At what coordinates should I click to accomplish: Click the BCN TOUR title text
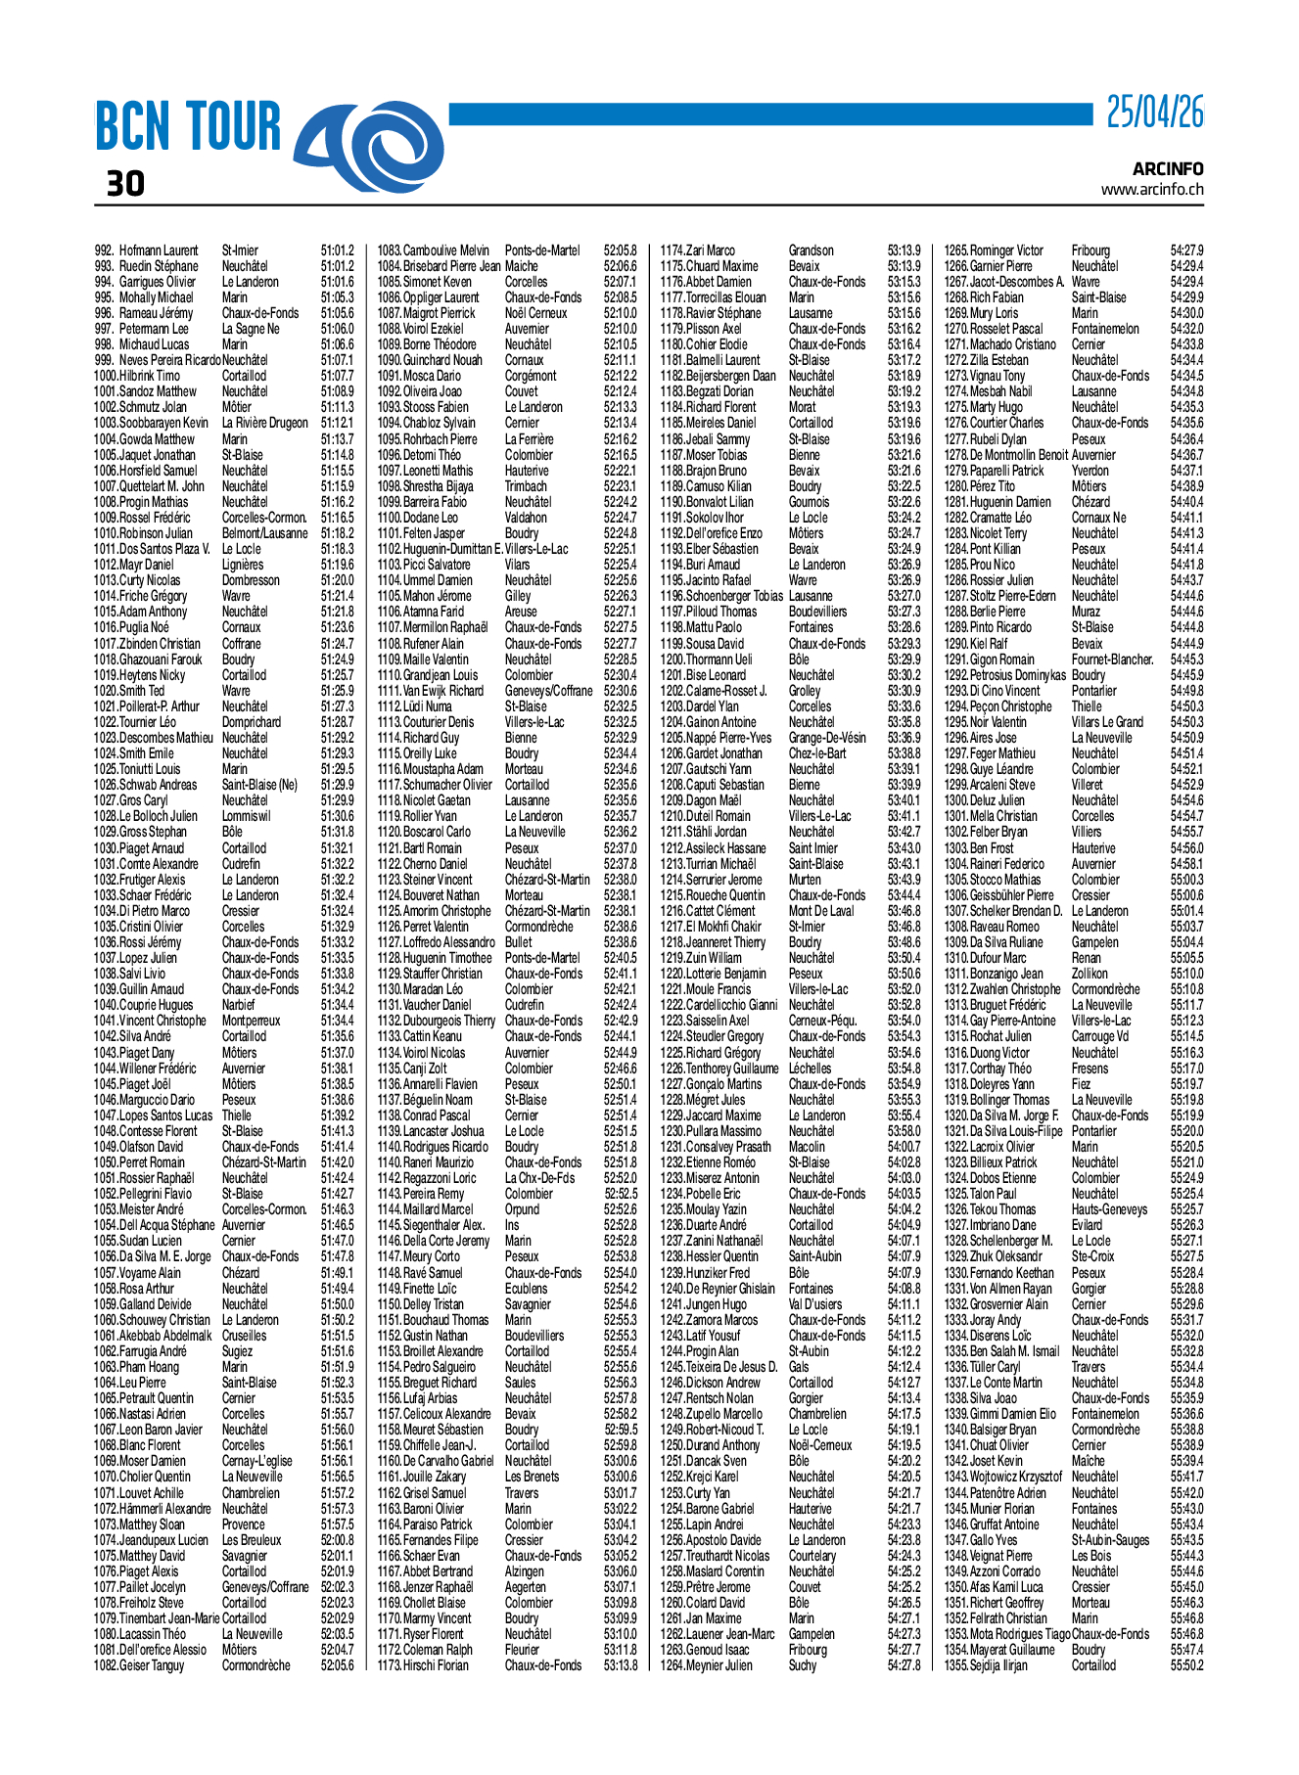pos(187,127)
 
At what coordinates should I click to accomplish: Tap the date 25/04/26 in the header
pos(1155,113)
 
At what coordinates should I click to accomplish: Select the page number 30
pos(125,183)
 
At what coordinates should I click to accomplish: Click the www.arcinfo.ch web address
pos(1152,190)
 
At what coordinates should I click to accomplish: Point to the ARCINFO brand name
pos(1168,169)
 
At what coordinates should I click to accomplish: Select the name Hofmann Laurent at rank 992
pos(159,250)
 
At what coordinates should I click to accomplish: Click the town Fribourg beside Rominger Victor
pos(1090,250)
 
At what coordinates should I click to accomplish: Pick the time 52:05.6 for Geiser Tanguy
pos(337,1665)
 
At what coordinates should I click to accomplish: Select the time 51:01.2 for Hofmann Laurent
pos(337,250)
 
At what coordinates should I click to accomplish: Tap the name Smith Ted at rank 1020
pos(142,691)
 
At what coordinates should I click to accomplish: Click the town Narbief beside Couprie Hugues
pos(238,1005)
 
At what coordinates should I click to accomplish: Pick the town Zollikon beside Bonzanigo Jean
pos(1090,974)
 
